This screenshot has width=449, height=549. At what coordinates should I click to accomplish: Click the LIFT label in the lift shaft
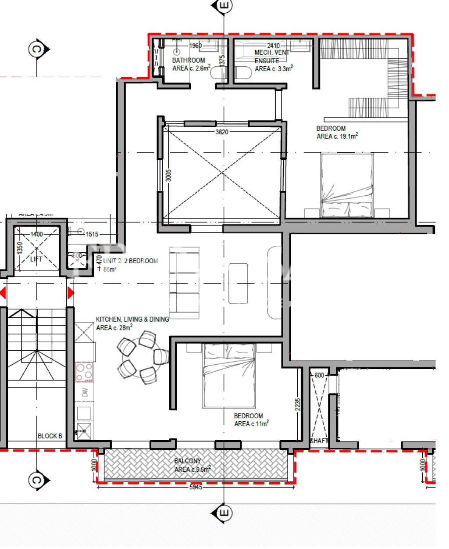coord(36,259)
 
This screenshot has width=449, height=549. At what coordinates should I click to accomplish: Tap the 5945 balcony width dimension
coord(196,487)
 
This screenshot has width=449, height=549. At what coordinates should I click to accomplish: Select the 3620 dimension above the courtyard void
coord(222,132)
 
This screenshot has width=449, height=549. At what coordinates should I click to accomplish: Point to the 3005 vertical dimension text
coord(169,176)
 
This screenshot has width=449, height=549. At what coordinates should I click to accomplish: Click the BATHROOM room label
coord(189,61)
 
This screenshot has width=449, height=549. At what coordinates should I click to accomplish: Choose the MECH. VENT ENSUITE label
coord(272,57)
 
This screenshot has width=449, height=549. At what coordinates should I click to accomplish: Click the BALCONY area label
coord(188,461)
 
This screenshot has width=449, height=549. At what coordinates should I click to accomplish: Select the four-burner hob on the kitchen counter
coord(85,372)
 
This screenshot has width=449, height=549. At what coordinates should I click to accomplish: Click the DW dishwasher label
coord(85,392)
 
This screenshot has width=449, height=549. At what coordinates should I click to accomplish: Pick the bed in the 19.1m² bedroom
coord(347,185)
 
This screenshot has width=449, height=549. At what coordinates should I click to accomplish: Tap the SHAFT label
coord(319,441)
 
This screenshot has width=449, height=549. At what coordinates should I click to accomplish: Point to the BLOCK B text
coord(50,436)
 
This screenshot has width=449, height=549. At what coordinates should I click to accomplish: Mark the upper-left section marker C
coord(37,49)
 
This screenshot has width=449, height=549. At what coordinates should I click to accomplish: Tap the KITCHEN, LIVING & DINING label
coord(132,319)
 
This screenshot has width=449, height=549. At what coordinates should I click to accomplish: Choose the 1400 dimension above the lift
coord(37,234)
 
